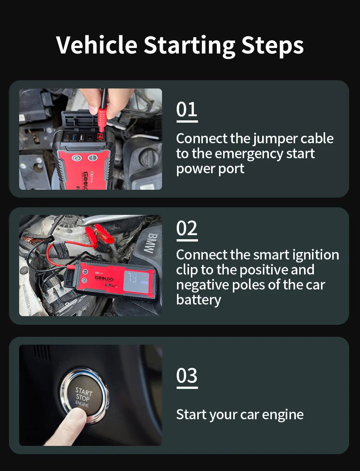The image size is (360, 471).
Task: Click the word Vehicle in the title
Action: pyautogui.click(x=97, y=45)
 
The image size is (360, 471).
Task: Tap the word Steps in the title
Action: pyautogui.click(x=272, y=46)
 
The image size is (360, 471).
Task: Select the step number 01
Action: pyautogui.click(x=187, y=110)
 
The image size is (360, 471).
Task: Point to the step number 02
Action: pyautogui.click(x=187, y=228)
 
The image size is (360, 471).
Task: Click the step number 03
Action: pyautogui.click(x=187, y=376)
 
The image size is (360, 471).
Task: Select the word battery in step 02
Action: pyautogui.click(x=198, y=300)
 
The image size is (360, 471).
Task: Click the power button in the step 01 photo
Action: pyautogui.click(x=76, y=158)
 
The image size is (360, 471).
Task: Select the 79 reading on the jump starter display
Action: pyautogui.click(x=132, y=278)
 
